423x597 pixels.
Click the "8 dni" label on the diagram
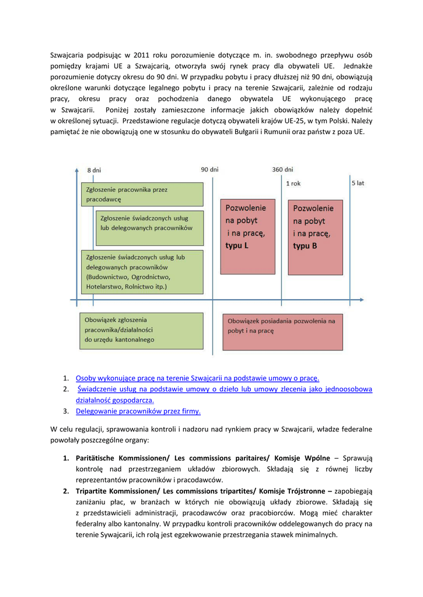point(94,170)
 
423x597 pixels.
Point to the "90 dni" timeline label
point(210,170)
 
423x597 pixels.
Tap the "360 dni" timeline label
point(282,170)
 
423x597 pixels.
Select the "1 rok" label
point(293,183)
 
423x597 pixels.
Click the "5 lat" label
point(358,182)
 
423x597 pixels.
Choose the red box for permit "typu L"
point(247,237)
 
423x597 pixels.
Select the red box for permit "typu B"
point(314,237)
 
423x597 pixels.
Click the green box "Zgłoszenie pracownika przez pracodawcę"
point(142,195)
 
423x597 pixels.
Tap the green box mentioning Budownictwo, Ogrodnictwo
point(142,272)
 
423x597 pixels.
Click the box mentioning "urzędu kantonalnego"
point(142,331)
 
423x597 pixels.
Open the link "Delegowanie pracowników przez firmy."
point(138,411)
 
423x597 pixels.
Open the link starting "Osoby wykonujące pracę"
point(197,378)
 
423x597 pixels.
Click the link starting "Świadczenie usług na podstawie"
point(225,389)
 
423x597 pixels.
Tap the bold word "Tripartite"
point(92,491)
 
